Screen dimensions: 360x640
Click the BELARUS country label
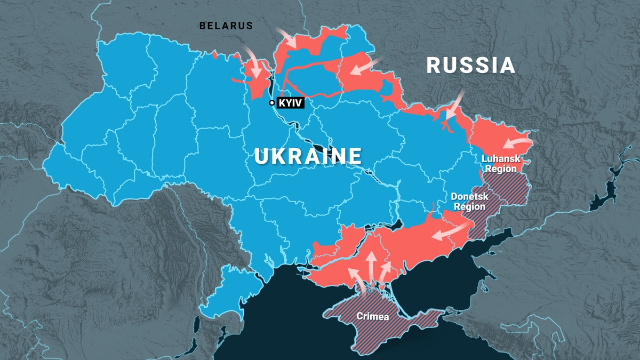226,26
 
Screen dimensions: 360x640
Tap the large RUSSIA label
471,66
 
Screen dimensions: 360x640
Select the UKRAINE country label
308,156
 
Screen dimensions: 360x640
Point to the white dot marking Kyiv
272,103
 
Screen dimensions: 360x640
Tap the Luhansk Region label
499,163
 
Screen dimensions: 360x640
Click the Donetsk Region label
469,202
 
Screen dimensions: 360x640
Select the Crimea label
373,316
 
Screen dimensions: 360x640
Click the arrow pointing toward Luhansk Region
516,143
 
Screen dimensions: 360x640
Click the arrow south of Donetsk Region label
451,231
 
